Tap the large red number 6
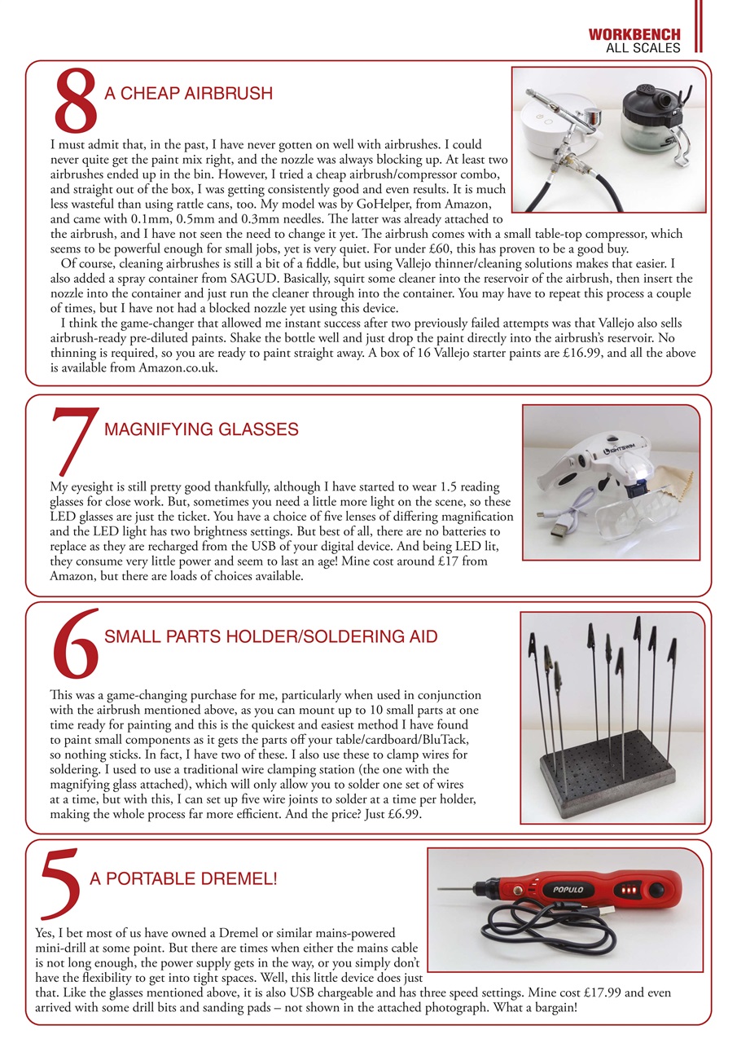coord(75,645)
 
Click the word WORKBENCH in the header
coord(634,35)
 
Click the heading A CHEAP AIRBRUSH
coord(188,94)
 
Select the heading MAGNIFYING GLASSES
coord(201,429)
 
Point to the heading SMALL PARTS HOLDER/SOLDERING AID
coord(271,636)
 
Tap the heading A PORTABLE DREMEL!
coord(183,879)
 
